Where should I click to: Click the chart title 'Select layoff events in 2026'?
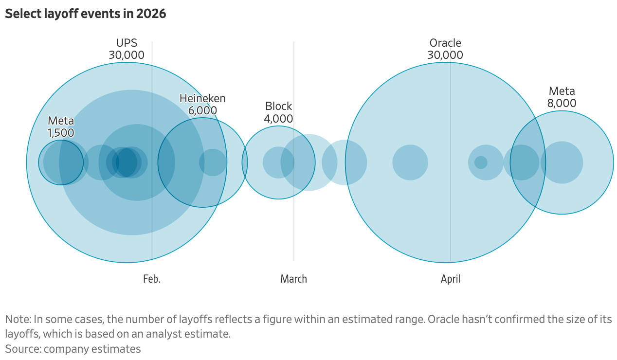[x=86, y=14]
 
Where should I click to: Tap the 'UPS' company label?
[x=127, y=43]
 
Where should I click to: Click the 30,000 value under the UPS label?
[x=127, y=55]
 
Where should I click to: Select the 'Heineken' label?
[x=202, y=98]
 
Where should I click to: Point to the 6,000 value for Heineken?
[x=202, y=110]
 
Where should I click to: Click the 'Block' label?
[x=278, y=106]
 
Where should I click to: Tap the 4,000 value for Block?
[x=278, y=118]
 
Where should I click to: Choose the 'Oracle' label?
[x=445, y=43]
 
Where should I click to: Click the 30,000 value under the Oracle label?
[x=445, y=55]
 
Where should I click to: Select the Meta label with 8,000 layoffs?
[x=562, y=91]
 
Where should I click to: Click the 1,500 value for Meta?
[x=61, y=132]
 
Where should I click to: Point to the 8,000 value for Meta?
[x=562, y=103]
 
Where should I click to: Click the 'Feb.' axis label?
[x=152, y=279]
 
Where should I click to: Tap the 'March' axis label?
[x=293, y=279]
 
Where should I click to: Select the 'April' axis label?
[x=450, y=279]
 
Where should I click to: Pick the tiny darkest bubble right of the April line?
[x=481, y=162]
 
